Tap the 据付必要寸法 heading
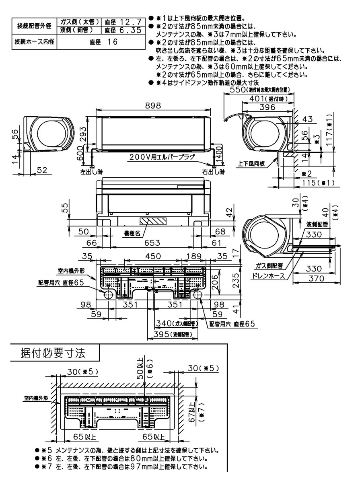click(53, 354)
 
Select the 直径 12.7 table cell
click(122, 22)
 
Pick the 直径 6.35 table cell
click(122, 30)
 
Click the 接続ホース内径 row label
click(34, 42)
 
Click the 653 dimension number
click(152, 243)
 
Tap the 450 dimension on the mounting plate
click(153, 257)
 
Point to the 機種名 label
click(132, 233)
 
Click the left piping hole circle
click(109, 294)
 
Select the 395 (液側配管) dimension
click(170, 334)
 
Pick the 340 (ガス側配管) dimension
click(176, 323)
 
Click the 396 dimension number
click(267, 107)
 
